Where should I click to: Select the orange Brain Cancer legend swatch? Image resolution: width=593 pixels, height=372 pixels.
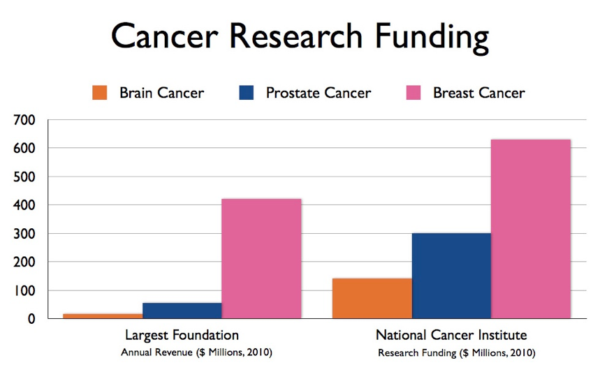99,93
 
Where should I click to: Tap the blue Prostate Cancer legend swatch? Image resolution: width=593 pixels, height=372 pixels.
247,93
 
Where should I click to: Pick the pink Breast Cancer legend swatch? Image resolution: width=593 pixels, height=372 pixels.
413,93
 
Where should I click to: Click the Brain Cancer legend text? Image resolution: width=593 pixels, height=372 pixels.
161,93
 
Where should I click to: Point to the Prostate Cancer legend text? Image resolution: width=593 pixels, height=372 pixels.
318,93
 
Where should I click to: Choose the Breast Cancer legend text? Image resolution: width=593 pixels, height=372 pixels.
478,93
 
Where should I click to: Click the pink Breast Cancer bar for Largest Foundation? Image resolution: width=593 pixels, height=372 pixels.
261,258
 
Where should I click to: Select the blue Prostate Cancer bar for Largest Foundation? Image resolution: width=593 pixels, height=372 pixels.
182,311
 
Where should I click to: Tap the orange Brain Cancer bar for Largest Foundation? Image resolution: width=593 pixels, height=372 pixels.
103,316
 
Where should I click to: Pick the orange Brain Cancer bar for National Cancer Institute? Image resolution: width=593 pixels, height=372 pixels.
372,298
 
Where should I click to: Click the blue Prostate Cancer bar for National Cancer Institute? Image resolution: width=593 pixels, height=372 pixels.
451,276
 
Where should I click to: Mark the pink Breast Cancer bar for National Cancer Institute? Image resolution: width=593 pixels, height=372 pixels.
531,229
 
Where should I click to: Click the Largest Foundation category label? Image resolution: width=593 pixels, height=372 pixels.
182,334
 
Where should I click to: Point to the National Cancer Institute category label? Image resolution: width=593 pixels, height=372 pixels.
451,334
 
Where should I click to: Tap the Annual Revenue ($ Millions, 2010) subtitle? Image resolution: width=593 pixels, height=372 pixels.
196,352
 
